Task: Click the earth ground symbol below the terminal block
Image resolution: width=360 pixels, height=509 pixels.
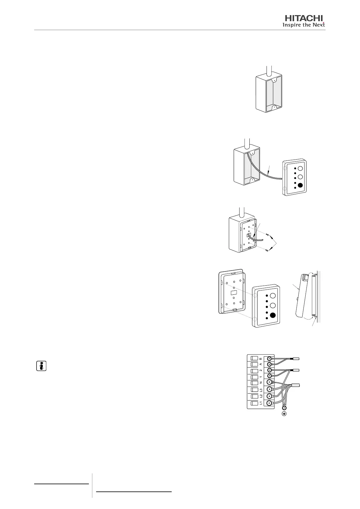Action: click(x=284, y=414)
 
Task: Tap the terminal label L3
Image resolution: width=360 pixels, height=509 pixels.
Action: click(x=261, y=390)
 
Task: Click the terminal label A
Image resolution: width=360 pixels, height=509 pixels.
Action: click(x=261, y=364)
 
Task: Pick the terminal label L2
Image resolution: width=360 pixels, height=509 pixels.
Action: click(x=261, y=396)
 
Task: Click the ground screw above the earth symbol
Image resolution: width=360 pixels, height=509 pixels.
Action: click(x=284, y=407)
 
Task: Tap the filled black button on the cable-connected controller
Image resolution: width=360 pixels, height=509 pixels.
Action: click(x=300, y=186)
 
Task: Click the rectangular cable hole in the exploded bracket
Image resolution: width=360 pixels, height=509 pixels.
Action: click(x=234, y=293)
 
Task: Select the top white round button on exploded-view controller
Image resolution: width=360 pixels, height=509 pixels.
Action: click(x=273, y=296)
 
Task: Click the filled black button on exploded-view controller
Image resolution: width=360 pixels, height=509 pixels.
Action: click(x=273, y=315)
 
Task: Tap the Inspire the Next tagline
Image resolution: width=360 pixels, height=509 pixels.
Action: click(x=303, y=25)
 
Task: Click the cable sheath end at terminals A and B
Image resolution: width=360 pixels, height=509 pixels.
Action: click(x=296, y=359)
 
